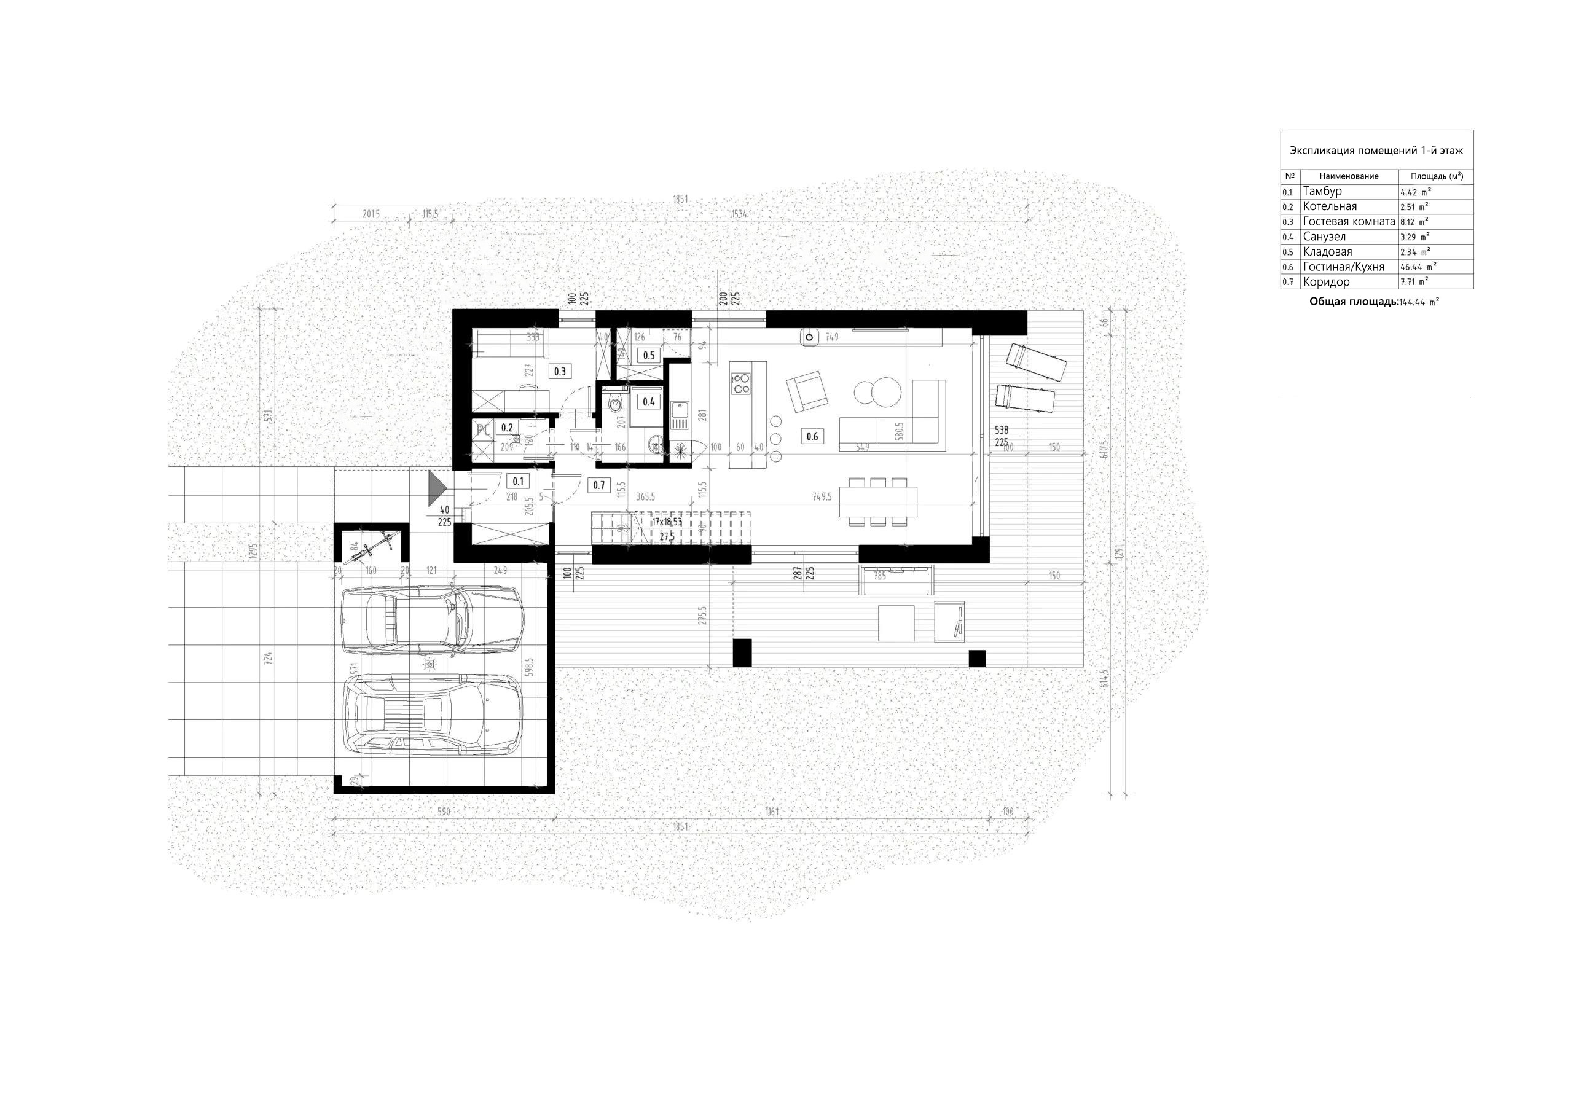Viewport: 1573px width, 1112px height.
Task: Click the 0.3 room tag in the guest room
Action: pos(560,371)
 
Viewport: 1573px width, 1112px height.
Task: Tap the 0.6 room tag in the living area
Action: pos(812,436)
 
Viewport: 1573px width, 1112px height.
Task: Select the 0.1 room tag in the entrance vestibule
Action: pos(518,481)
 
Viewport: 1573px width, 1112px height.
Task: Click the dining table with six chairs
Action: pos(877,501)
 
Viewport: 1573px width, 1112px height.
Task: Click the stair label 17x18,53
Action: pos(667,522)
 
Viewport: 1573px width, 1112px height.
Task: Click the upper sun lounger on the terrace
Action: pos(1035,362)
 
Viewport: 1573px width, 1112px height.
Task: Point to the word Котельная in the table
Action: pos(1329,206)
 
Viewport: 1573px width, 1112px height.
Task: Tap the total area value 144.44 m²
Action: pos(1419,302)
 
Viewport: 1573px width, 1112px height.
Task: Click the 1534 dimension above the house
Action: pos(739,214)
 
